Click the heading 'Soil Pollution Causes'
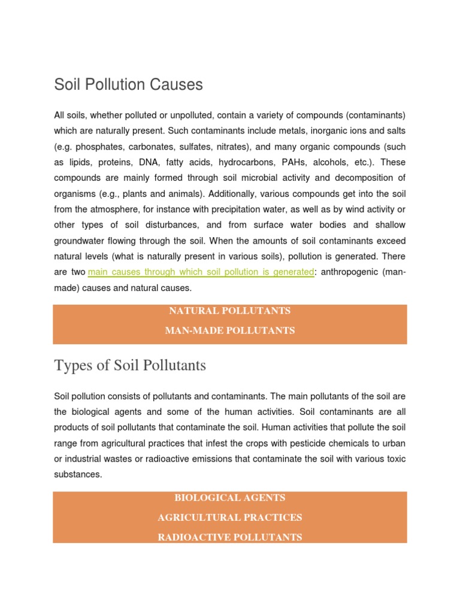tap(128, 85)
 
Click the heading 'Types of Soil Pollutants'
tap(130, 365)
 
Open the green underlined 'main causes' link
tap(201, 272)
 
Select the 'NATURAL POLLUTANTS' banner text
tap(230, 311)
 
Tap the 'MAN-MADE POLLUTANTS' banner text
tap(230, 330)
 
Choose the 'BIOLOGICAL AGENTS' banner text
tap(230, 497)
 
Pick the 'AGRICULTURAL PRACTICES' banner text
tap(230, 517)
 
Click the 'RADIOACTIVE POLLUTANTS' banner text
tap(230, 537)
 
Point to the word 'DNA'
tap(162, 162)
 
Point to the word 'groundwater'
tap(82, 241)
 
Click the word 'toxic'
tap(395, 459)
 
